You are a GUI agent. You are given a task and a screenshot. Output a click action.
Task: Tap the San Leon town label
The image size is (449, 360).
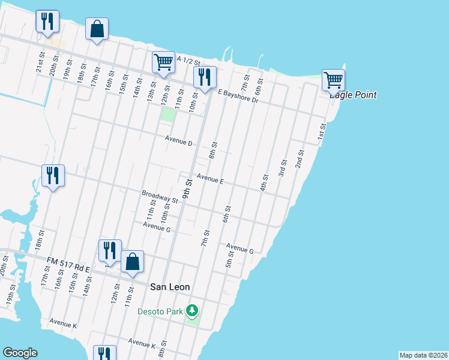tap(170, 287)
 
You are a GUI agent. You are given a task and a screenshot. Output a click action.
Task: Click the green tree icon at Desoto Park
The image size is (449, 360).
tap(192, 310)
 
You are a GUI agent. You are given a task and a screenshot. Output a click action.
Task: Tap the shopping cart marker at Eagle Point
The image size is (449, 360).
tap(333, 79)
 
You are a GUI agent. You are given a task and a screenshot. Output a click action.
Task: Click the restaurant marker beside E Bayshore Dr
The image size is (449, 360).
tap(205, 76)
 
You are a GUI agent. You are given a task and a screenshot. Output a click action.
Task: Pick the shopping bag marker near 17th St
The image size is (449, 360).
tap(97, 28)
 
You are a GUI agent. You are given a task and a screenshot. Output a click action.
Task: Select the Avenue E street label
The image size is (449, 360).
tap(210, 179)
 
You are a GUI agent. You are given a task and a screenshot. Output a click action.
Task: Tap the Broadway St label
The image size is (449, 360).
tap(160, 196)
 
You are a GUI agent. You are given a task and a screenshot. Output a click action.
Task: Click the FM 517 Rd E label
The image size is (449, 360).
tap(68, 264)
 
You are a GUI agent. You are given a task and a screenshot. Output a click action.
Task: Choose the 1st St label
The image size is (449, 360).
tap(322, 131)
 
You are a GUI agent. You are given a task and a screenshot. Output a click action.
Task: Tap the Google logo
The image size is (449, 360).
tap(20, 353)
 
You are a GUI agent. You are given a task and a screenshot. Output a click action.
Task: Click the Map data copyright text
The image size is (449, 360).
tap(423, 355)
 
